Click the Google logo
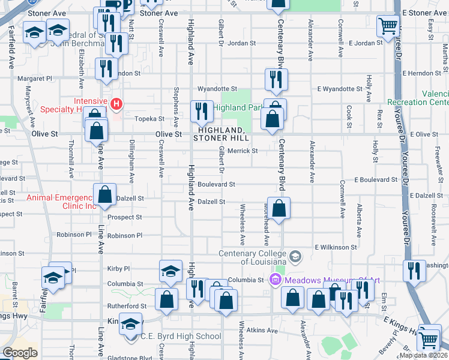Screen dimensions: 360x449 20,353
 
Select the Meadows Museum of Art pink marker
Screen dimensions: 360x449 276,280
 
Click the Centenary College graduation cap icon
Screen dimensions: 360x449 295,257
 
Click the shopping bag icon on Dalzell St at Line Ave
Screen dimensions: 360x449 104,194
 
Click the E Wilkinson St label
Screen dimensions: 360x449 336,247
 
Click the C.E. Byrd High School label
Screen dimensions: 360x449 181,336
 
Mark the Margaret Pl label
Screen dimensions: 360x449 35,78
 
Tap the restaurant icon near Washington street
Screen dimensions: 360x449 414,271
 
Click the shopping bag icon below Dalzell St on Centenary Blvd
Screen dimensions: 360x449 279,209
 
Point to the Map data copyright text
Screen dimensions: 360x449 423,355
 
